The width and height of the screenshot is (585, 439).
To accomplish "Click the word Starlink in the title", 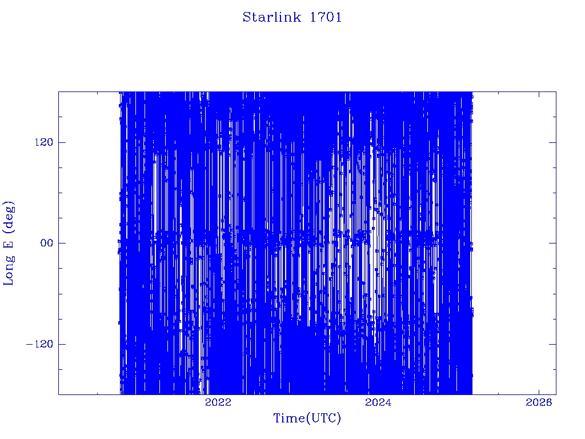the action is click(x=271, y=17).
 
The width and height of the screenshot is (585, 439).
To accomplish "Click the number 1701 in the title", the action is click(x=326, y=17).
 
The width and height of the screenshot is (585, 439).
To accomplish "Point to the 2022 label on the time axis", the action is click(x=218, y=402).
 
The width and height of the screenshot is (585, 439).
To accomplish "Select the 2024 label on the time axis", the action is click(x=378, y=402).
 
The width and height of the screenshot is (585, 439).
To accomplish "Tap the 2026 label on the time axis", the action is click(x=539, y=402).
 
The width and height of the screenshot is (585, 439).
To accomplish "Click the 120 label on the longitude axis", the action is click(x=44, y=142).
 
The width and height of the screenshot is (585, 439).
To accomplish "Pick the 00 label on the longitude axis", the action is click(x=47, y=243).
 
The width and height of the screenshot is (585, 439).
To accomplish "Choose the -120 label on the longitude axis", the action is click(x=40, y=344).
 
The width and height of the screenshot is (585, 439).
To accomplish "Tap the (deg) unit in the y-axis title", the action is click(x=9, y=217).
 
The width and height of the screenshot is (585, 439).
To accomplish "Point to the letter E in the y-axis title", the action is click(x=8, y=244).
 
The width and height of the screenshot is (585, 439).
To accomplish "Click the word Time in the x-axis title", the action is click(x=289, y=418).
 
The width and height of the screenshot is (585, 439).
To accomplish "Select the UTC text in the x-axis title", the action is click(x=323, y=418).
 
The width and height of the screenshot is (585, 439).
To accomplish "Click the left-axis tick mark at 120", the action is click(x=62, y=142).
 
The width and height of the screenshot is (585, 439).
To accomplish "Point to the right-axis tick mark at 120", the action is click(x=552, y=142).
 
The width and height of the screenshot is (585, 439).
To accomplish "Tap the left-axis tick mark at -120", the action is click(x=62, y=344).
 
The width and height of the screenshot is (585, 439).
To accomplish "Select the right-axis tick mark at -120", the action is click(x=552, y=344).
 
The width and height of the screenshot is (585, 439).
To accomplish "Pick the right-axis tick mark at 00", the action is click(x=552, y=243).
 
